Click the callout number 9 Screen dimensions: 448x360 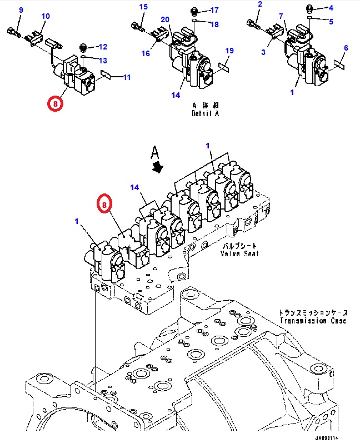pyautogui.click(x=21, y=11)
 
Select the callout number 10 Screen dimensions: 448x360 pyautogui.click(x=46, y=16)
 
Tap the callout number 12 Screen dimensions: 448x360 pyautogui.click(x=103, y=47)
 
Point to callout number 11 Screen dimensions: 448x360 pyautogui.click(x=127, y=77)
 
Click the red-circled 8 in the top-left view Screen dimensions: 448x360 pyautogui.click(x=55, y=103)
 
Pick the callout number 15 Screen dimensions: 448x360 pyautogui.click(x=143, y=7)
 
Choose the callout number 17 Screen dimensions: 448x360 pyautogui.click(x=214, y=10)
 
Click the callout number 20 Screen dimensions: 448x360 pyautogui.click(x=165, y=20)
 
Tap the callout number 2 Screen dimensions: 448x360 pyautogui.click(x=259, y=5)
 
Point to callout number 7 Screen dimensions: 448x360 pyautogui.click(x=282, y=16)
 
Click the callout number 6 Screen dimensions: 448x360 pyautogui.click(x=346, y=48)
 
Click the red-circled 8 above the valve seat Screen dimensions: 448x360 pyautogui.click(x=105, y=205)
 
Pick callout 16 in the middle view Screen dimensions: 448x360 pyautogui.click(x=145, y=53)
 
